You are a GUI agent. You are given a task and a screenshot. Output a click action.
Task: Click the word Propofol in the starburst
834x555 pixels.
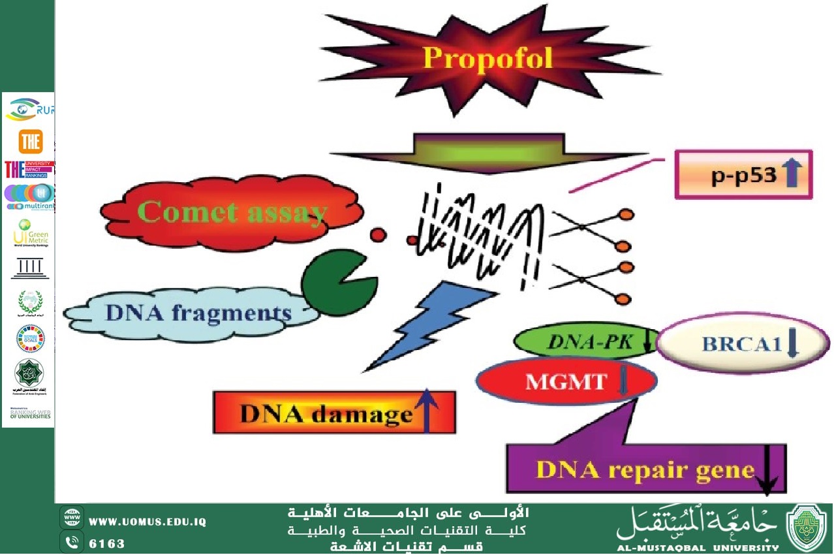pyautogui.click(x=487, y=58)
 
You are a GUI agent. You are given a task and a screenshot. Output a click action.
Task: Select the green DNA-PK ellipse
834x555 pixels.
pyautogui.click(x=584, y=341)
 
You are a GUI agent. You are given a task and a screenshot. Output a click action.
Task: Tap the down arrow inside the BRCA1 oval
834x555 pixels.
pyautogui.click(x=793, y=343)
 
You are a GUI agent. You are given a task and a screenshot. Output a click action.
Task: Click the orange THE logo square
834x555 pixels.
pyautogui.click(x=30, y=142)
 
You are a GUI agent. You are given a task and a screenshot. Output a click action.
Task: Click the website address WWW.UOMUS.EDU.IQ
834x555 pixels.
pyautogui.click(x=147, y=522)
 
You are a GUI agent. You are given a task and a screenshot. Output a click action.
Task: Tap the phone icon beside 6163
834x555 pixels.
pyautogui.click(x=71, y=543)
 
